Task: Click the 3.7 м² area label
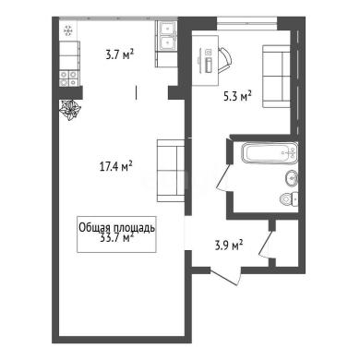pyautogui.click(x=120, y=55)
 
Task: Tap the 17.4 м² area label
pyautogui.click(x=116, y=167)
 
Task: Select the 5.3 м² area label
pyautogui.click(x=237, y=96)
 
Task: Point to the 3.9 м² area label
pyautogui.click(x=229, y=246)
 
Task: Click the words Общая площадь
pyautogui.click(x=116, y=228)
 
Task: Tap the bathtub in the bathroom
pyautogui.click(x=270, y=153)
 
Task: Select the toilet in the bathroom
pyautogui.click(x=289, y=198)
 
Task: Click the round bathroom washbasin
pyautogui.click(x=292, y=178)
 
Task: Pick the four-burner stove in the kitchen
pyautogui.click(x=68, y=78)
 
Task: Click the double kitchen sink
pyautogui.click(x=167, y=36)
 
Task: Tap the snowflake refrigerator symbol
pyautogui.click(x=67, y=30)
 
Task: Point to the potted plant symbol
pyautogui.click(x=70, y=110)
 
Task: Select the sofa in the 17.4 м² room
pyautogui.click(x=171, y=171)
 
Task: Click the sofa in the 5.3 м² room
pyautogui.click(x=277, y=77)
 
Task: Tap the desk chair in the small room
pyautogui.click(x=225, y=60)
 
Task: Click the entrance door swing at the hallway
pyautogui.click(x=225, y=276)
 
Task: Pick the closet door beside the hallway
pyautogui.click(x=266, y=243)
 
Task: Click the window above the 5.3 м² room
pyautogui.click(x=247, y=23)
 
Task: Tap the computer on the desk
pyautogui.click(x=208, y=61)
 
